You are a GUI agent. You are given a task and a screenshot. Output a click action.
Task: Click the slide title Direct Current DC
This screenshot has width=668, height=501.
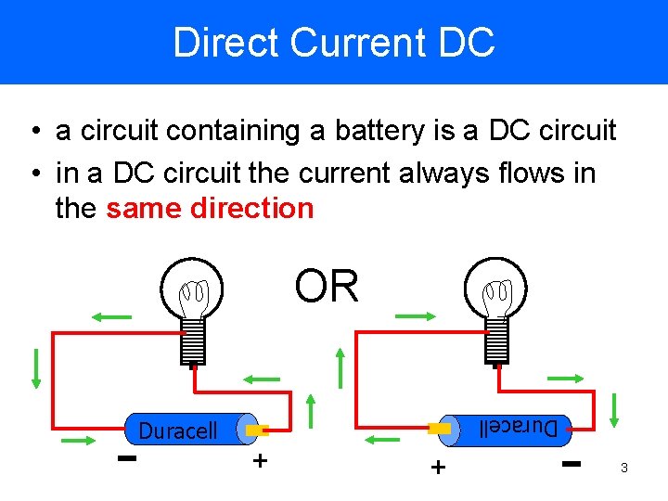[334, 43]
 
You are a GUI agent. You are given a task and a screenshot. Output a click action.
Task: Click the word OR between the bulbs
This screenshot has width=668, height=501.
[327, 287]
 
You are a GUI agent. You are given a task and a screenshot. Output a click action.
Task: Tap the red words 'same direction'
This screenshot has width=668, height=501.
[211, 208]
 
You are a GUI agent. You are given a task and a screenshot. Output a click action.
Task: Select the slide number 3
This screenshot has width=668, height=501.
[624, 469]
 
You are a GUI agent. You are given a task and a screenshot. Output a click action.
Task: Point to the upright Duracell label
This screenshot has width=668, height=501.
[178, 430]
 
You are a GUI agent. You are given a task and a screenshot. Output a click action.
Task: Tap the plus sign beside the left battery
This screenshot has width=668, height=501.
[260, 460]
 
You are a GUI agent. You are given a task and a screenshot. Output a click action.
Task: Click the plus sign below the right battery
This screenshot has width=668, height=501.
[436, 467]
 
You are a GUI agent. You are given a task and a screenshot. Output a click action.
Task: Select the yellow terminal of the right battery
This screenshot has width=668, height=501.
[440, 429]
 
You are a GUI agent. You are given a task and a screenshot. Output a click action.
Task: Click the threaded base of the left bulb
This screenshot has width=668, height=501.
[193, 340]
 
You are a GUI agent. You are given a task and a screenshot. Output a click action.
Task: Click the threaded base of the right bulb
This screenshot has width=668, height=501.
[496, 340]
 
